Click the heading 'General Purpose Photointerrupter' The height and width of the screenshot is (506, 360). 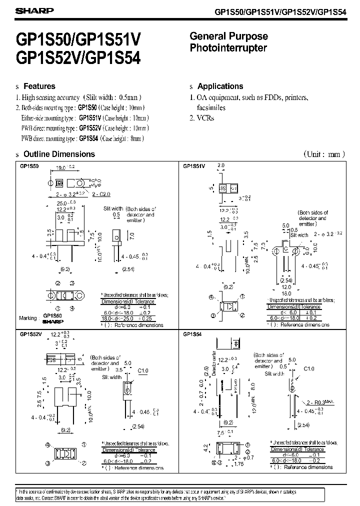click(229, 42)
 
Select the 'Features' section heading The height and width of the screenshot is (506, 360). click(39, 86)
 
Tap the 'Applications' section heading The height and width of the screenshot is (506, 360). click(220, 86)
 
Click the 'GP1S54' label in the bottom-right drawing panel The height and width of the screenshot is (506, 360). click(192, 334)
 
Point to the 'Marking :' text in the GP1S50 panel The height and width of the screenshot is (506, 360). click(28, 318)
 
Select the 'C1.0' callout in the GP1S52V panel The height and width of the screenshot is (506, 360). click(143, 370)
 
